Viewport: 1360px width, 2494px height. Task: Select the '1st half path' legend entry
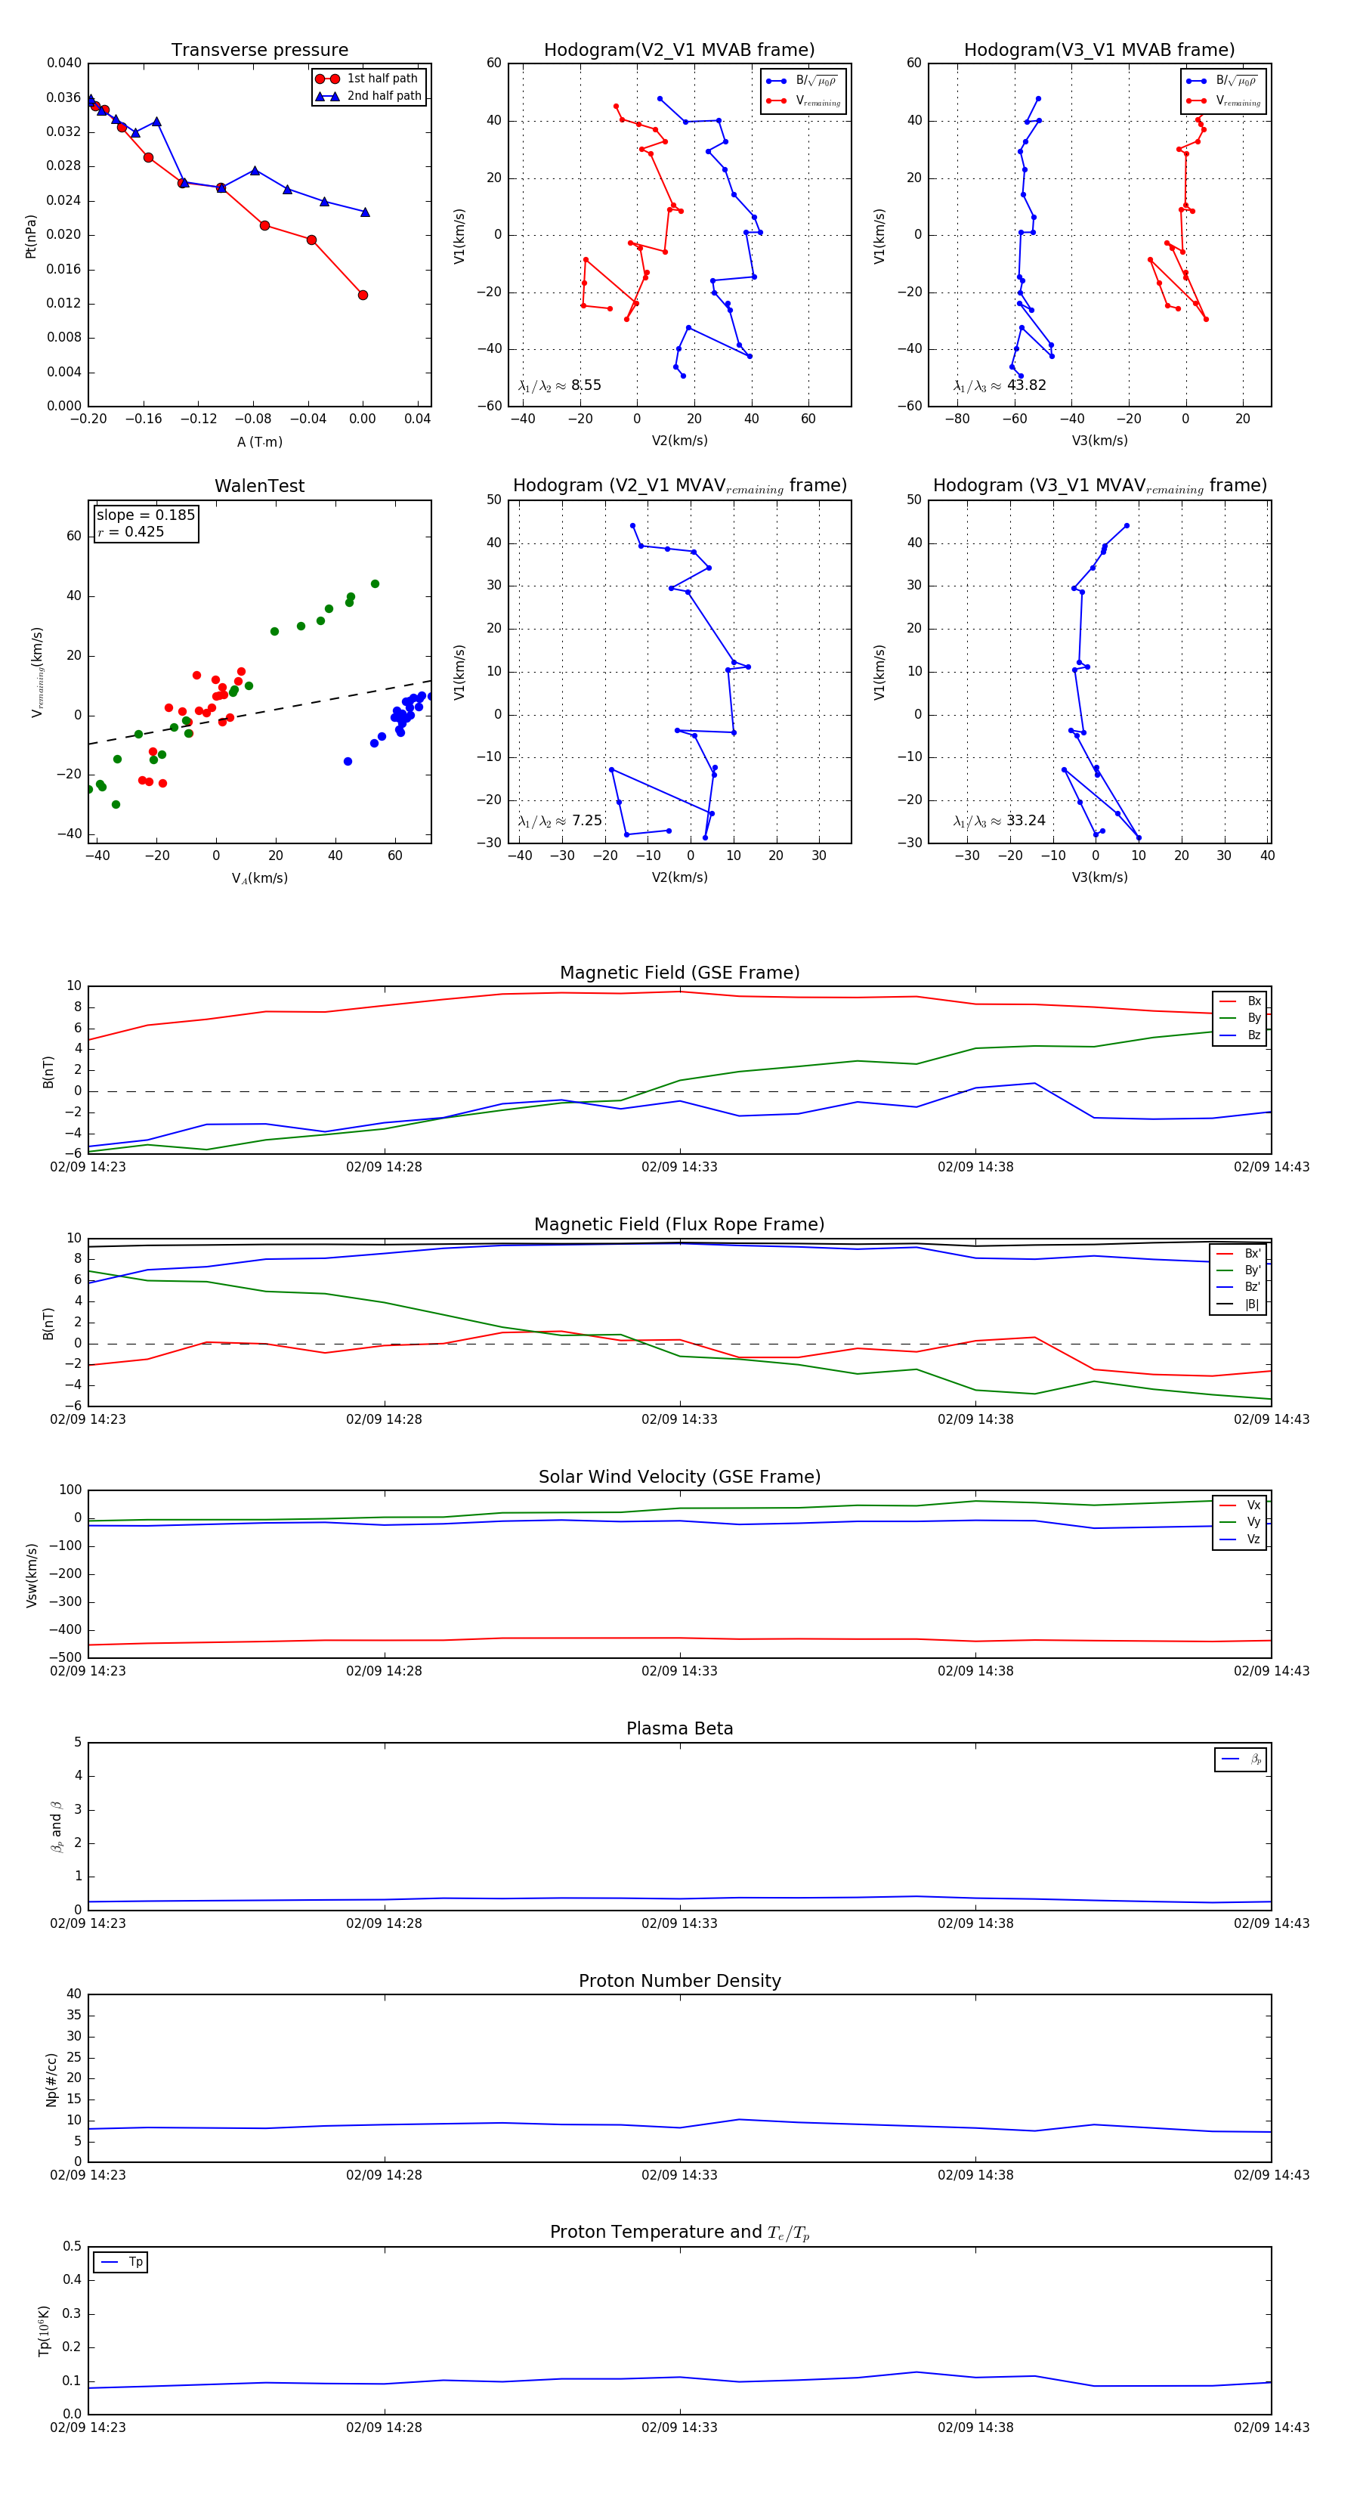[382, 79]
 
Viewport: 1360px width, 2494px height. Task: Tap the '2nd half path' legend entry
[385, 96]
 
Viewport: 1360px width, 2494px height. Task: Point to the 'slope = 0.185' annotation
[145, 515]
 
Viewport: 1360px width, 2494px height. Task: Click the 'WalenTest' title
[259, 486]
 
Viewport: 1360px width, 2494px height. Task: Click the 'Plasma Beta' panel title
[679, 1728]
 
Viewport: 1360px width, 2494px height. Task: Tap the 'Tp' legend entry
[135, 2262]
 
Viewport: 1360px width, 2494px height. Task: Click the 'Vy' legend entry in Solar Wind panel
[1253, 1522]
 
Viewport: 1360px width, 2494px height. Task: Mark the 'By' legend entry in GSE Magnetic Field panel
[1253, 1017]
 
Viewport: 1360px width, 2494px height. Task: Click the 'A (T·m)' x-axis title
[259, 441]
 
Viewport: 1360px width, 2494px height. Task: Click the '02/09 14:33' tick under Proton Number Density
[679, 2174]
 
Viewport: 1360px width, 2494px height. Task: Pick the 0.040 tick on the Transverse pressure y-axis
[64, 63]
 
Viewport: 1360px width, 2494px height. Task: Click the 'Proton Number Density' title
[679, 1981]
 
